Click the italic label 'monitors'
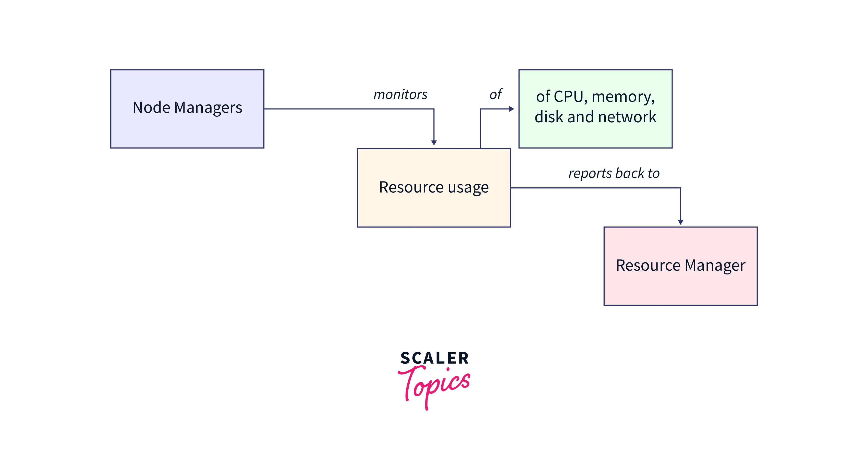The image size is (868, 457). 400,95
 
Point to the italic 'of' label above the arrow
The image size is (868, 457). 496,94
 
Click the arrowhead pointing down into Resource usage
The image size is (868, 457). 434,143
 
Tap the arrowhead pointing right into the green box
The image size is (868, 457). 511,109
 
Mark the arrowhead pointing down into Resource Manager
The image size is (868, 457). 681,222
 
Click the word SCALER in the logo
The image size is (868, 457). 434,358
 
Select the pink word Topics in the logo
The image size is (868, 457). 435,386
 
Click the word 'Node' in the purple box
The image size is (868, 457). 151,107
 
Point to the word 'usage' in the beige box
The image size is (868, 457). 468,187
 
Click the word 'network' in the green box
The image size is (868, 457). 627,117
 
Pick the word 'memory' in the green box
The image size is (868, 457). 623,97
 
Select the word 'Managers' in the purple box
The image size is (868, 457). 208,108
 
